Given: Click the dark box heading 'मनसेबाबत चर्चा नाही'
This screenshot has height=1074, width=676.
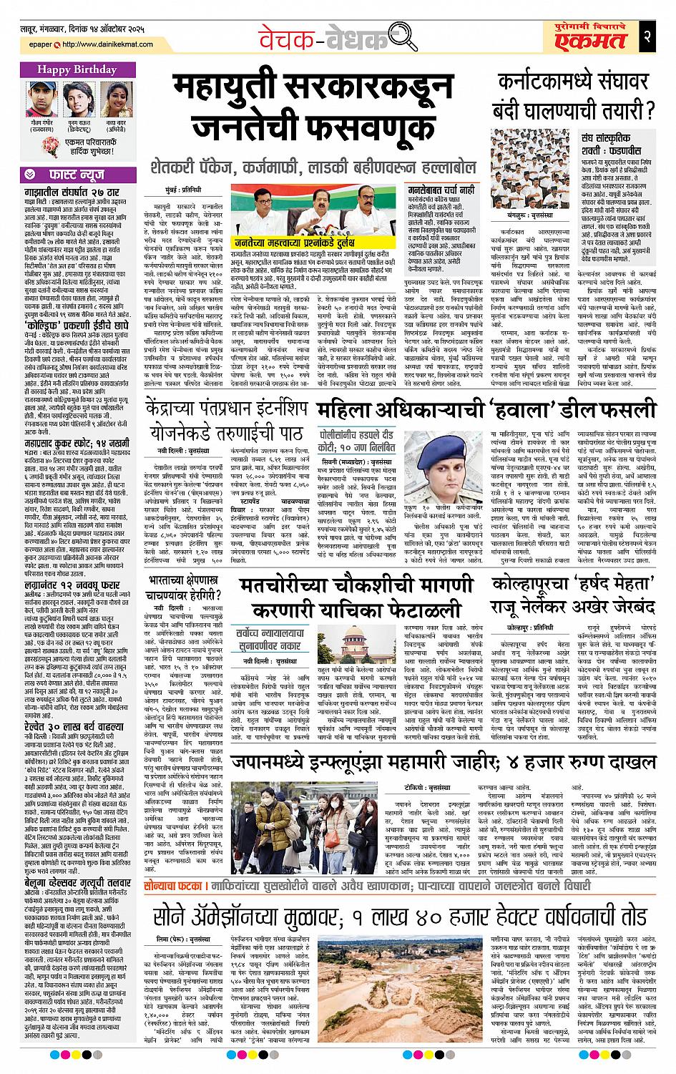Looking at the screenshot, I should pos(431,191).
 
